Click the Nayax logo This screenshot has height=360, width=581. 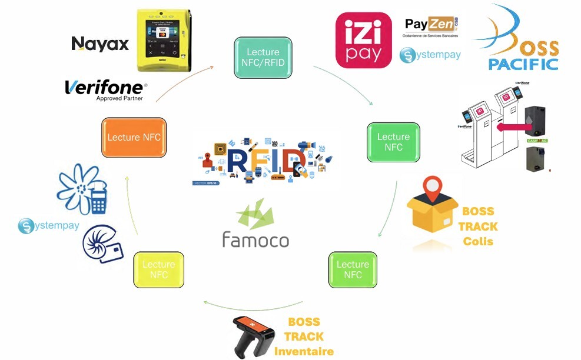pos(100,44)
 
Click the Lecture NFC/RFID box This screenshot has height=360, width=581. pos(263,57)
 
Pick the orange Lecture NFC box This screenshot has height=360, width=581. pos(134,137)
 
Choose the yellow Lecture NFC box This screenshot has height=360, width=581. pos(158,269)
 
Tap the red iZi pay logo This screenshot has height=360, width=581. pos(363,40)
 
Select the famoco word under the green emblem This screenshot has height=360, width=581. pos(255,239)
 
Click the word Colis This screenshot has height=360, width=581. pos(478,241)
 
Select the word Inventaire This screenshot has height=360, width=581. pos(304,351)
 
